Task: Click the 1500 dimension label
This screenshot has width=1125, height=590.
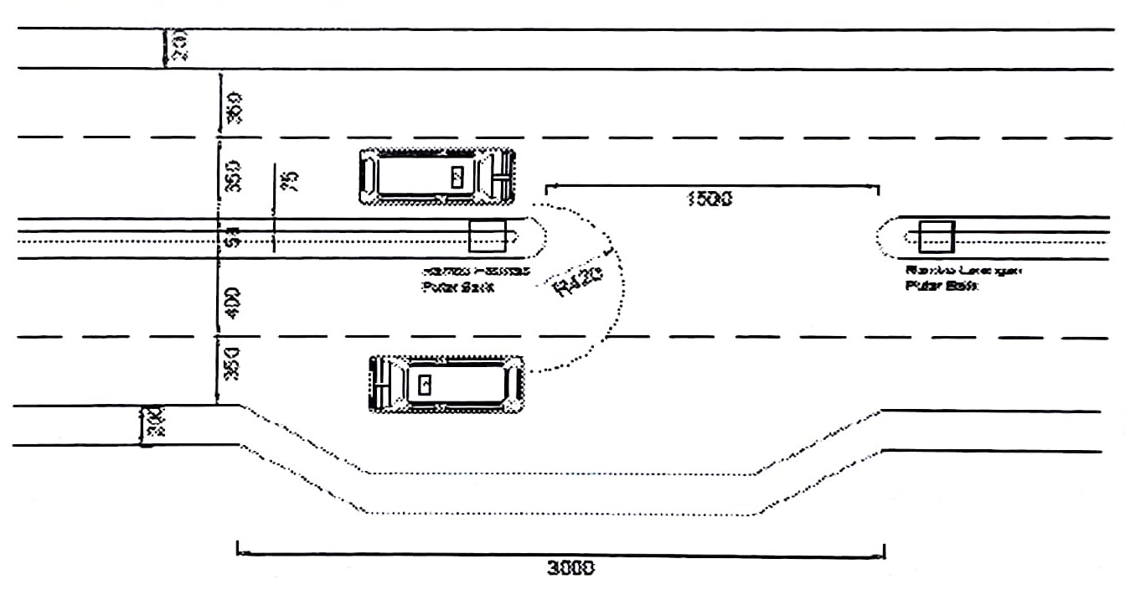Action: pyautogui.click(x=710, y=199)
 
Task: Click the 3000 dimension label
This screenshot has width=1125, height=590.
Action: pyautogui.click(x=570, y=567)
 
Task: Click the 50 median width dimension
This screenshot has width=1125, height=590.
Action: pyautogui.click(x=234, y=239)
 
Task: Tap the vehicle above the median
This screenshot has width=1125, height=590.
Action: pyautogui.click(x=437, y=177)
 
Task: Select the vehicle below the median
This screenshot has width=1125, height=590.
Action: pyautogui.click(x=447, y=385)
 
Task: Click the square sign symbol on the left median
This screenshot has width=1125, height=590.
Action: pyautogui.click(x=487, y=237)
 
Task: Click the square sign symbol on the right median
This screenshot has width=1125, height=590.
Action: pyautogui.click(x=937, y=237)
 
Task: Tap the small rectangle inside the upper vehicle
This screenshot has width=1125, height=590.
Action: pyautogui.click(x=457, y=176)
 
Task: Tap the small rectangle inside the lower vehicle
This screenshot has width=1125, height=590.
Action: pyautogui.click(x=426, y=385)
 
